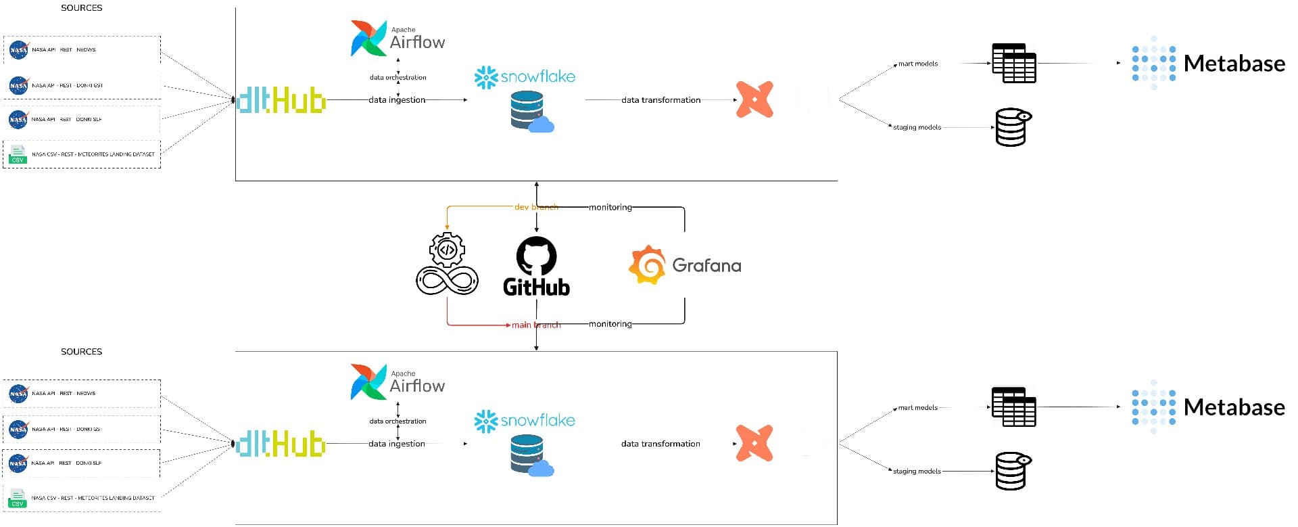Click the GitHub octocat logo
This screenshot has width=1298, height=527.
tap(536, 256)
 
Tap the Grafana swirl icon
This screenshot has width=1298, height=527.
tap(647, 265)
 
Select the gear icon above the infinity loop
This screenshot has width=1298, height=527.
tap(447, 250)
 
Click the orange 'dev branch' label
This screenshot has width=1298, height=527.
tap(536, 207)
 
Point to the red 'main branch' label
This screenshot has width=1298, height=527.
tap(536, 325)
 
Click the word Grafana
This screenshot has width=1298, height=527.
tap(706, 265)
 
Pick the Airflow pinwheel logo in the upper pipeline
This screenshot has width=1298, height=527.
tap(368, 38)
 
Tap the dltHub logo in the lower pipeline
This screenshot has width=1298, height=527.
tap(281, 444)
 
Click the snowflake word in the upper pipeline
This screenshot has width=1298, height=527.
tap(538, 76)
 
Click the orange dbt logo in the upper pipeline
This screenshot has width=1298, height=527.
tap(754, 99)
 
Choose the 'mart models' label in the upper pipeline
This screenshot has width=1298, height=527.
tap(918, 64)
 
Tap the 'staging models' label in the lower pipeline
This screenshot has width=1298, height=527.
tap(917, 471)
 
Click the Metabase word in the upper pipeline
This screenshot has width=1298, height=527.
tap(1234, 64)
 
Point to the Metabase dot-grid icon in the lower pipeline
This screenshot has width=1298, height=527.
tap(1153, 407)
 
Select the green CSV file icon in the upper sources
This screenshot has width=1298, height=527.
tap(18, 154)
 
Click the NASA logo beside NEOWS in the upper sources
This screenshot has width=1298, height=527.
tap(19, 49)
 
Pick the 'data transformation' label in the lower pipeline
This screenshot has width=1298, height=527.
tap(660, 444)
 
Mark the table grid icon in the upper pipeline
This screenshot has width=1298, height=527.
tap(1013, 64)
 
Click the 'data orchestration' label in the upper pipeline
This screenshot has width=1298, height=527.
tap(398, 77)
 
